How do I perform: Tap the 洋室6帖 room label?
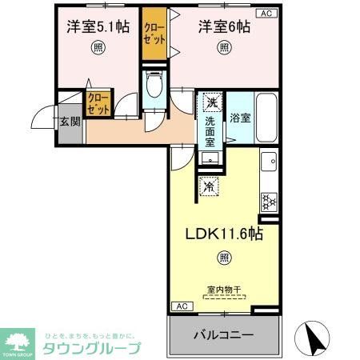click(226, 26)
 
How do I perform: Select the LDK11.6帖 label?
click(225, 235)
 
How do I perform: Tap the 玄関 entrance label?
click(68, 122)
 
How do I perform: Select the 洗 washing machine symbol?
click(211, 102)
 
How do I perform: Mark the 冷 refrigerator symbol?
click(208, 186)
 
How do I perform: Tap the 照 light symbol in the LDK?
click(224, 258)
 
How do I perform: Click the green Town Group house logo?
click(18, 339)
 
